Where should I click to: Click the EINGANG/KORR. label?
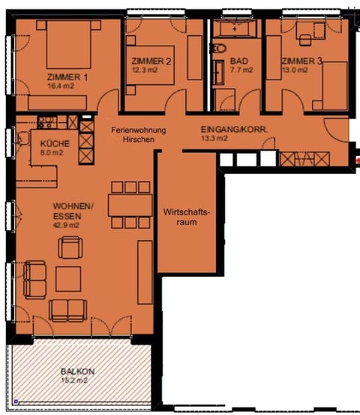coord(235,128)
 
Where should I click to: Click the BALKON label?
coord(77,371)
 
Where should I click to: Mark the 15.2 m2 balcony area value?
coord(77,380)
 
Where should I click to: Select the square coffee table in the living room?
coord(70,278)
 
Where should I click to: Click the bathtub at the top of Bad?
coord(235,29)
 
